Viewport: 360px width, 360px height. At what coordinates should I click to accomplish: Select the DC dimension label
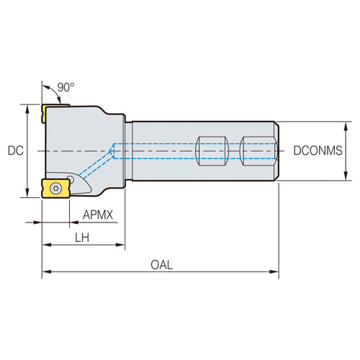pyautogui.click(x=14, y=151)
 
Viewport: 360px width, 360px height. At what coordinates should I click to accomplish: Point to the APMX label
pyautogui.click(x=96, y=215)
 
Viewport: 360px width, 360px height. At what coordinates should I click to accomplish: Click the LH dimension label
pyautogui.click(x=84, y=238)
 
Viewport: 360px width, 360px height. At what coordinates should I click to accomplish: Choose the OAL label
pyautogui.click(x=162, y=264)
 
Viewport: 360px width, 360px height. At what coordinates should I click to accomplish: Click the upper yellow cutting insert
pyautogui.click(x=55, y=112)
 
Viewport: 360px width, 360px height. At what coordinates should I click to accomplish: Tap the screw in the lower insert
pyautogui.click(x=55, y=188)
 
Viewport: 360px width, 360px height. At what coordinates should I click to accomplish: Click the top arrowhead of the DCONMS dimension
pyautogui.click(x=348, y=125)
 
